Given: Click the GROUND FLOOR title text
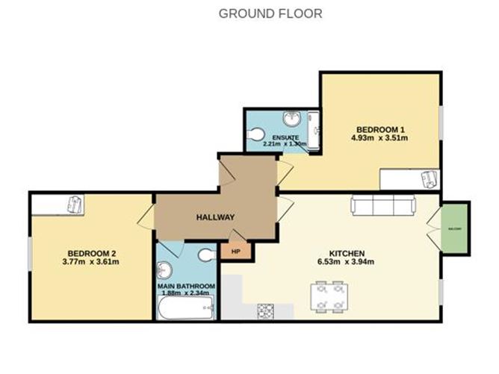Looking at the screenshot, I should coord(270,13).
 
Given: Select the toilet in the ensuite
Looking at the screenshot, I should coord(256,134).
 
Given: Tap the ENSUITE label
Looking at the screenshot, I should coord(285,139).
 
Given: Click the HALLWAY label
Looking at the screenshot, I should coord(215,217).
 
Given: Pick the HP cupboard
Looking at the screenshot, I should coord(236,252).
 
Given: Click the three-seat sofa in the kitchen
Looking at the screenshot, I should coord(383,205).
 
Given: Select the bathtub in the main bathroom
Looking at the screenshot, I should coord(185,307).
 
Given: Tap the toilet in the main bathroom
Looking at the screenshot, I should coord(206,255).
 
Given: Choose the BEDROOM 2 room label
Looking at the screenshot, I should coord(90,252).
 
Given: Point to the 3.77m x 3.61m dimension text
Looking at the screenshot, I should coord(90,262).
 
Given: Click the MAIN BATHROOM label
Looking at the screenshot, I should coord(186,286).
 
